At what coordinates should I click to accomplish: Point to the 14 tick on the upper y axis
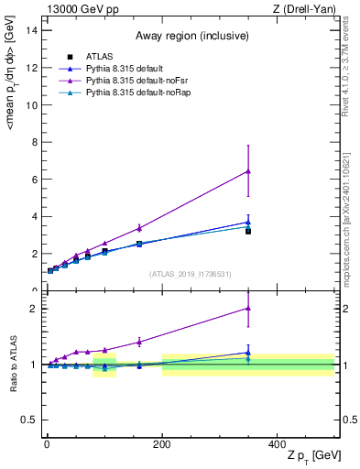[30, 30]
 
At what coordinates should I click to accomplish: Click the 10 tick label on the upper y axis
[30, 104]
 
